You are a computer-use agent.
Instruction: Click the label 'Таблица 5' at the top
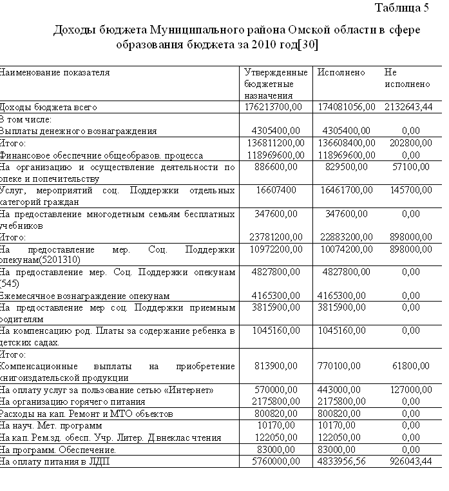[401, 8]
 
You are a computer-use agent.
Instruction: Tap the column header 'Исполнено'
[341, 73]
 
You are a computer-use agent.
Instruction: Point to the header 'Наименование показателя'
[54, 73]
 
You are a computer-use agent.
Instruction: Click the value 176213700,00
[273, 107]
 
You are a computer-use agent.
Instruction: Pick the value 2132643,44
[408, 107]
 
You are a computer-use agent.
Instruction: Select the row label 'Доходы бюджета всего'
[48, 107]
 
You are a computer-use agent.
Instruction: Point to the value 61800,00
[411, 366]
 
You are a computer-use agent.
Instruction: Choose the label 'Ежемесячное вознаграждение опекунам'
[84, 296]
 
